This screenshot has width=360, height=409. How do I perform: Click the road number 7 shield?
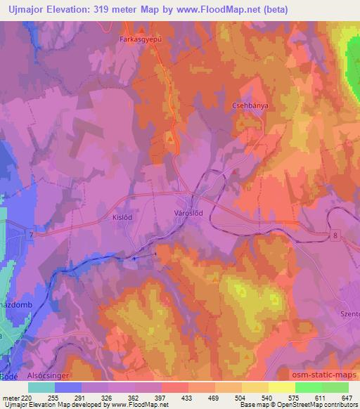(x=31, y=233)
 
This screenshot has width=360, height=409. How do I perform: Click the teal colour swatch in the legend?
(x=41, y=387)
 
